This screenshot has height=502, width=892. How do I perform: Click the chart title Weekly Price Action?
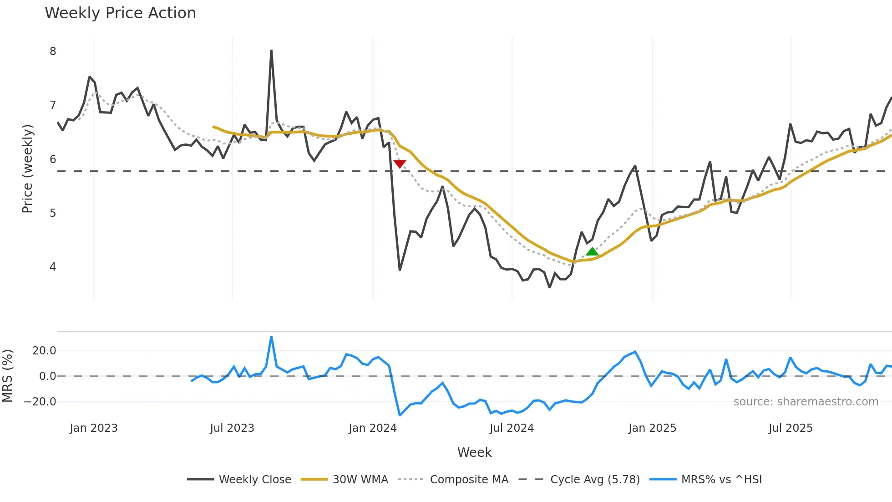tap(120, 13)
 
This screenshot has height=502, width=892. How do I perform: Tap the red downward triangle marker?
tap(400, 164)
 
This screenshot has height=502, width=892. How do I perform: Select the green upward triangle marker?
tap(592, 251)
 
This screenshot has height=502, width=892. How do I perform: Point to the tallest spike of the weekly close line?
tap(271, 51)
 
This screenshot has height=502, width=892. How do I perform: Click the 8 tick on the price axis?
tap(53, 51)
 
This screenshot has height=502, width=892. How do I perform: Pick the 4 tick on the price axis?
tap(53, 267)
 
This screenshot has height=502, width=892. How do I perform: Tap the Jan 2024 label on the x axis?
tap(373, 428)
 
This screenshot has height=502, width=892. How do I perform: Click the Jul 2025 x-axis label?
tap(791, 428)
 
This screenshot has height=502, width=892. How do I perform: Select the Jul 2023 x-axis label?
tap(232, 428)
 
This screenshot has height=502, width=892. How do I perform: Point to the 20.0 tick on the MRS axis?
tap(44, 351)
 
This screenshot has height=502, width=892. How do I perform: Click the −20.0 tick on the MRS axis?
tap(40, 402)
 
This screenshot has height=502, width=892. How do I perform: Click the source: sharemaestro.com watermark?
tap(806, 402)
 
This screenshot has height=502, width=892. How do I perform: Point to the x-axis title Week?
tap(474, 452)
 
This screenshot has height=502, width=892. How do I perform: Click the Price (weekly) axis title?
tap(27, 169)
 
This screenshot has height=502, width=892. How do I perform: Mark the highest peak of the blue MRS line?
tap(271, 337)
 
